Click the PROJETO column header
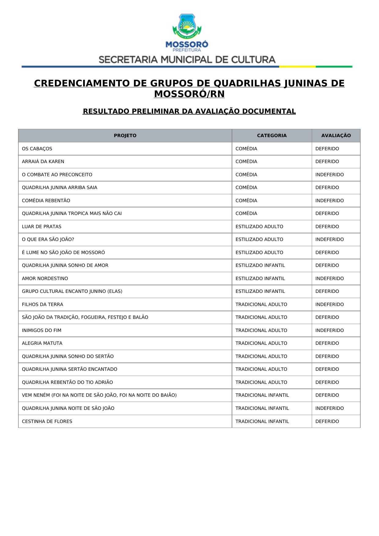tap(125, 136)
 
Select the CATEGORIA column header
tap(272, 136)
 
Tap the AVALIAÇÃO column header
tap(336, 136)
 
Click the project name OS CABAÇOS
tap(37, 149)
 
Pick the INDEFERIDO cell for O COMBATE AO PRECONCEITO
tap(329, 175)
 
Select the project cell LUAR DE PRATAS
tap(42, 227)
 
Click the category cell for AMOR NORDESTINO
tap(260, 279)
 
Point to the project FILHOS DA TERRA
tap(42, 304)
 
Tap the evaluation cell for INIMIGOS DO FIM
tap(329, 330)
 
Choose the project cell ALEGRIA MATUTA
tap(42, 343)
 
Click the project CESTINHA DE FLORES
tap(47, 421)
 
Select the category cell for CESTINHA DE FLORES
tap(262, 421)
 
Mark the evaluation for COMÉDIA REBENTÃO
tap(329, 201)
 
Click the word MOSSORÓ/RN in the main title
tap(189, 94)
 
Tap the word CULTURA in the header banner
tap(253, 60)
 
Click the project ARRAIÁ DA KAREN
tap(43, 162)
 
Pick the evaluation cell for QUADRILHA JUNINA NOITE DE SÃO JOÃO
tap(329, 408)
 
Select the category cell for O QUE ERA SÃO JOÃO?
tap(259, 239)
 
